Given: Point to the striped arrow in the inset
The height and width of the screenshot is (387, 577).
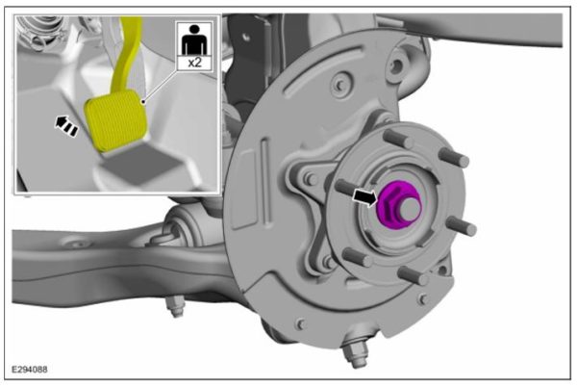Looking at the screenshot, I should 65,125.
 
